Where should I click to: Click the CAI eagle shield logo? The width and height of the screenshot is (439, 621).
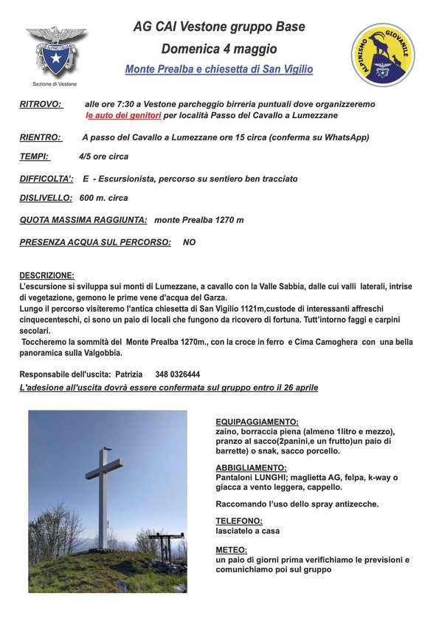point(56,52)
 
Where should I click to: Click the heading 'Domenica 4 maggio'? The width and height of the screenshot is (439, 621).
point(219,49)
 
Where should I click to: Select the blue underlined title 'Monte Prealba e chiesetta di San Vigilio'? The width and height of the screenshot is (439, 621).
point(219,69)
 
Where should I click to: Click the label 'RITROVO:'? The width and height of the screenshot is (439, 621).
point(41,105)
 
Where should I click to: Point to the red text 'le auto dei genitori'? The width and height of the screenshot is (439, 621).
point(123,116)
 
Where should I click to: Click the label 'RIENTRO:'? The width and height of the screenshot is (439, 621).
point(41,137)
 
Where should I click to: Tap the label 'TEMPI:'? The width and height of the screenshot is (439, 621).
point(35,157)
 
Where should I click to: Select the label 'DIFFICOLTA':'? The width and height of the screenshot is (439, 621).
point(46,179)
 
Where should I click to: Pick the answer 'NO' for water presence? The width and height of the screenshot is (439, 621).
point(189,242)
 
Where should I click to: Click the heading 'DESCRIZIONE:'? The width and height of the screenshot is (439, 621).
point(46,275)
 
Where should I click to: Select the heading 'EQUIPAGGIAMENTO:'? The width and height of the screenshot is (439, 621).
point(257,422)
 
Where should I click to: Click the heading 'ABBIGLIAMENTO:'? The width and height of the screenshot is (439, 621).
point(251,468)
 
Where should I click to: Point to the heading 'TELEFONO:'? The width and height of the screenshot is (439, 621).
point(239,521)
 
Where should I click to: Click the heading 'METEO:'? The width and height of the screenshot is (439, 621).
point(231,550)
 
